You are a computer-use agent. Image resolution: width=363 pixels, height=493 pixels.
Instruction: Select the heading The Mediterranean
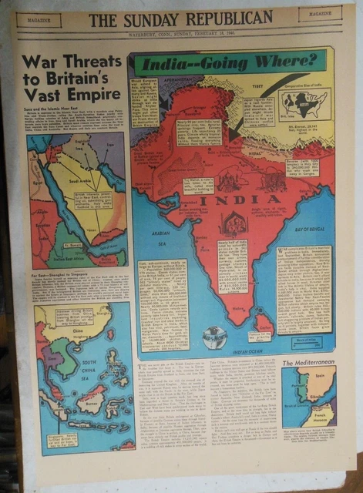[x=308, y=362]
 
